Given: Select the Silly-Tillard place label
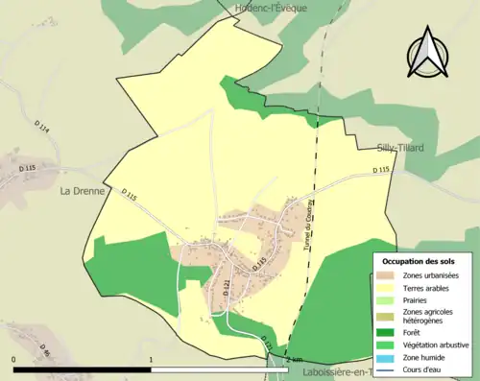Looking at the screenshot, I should click(x=397, y=148).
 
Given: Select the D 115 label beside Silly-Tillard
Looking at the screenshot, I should click(x=381, y=171).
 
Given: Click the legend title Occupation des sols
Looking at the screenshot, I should click(x=420, y=261).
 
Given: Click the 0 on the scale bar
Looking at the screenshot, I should click(x=14, y=361).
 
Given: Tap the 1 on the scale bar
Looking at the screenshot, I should click(x=152, y=361).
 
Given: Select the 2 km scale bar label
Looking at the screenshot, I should click(x=293, y=360).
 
